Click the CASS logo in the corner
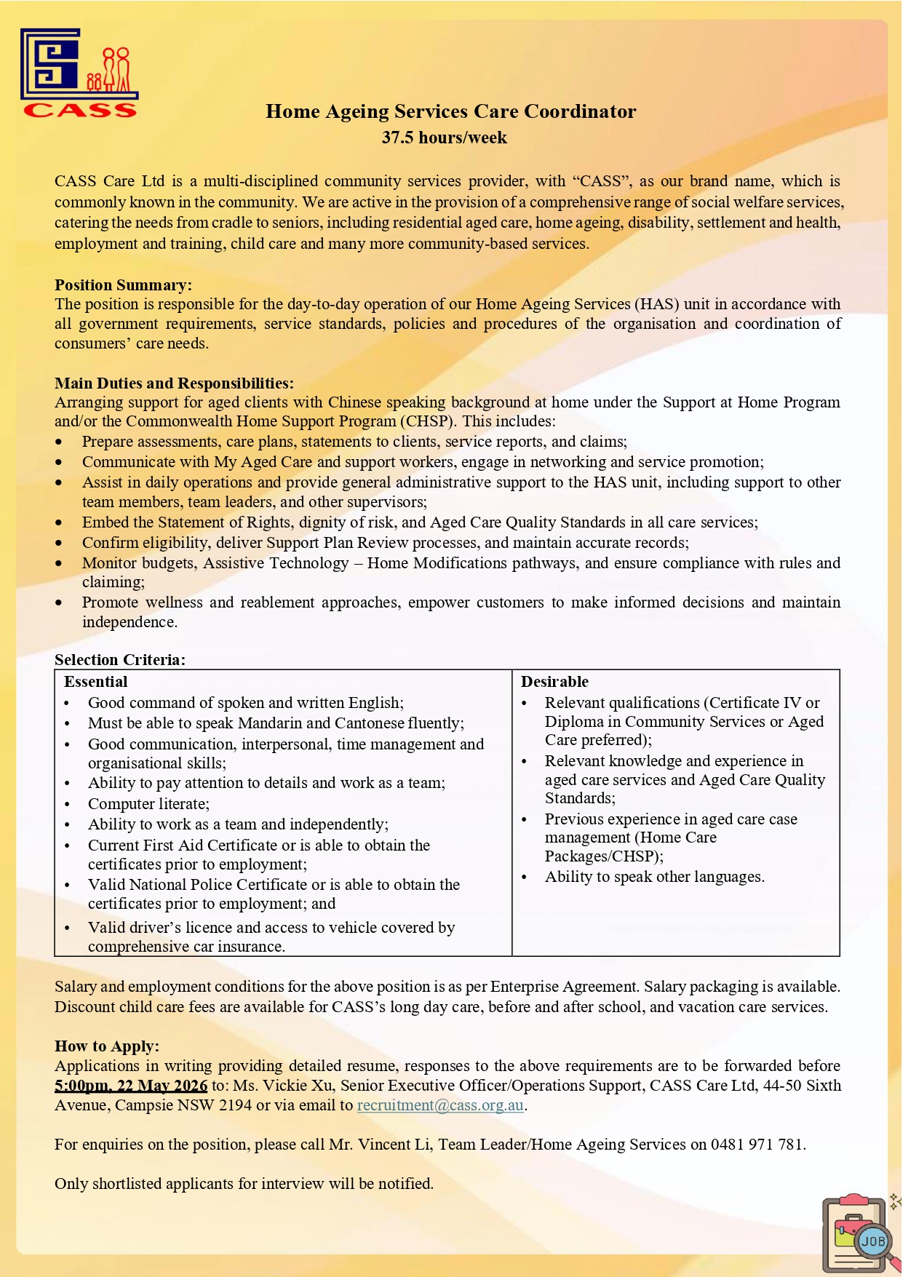tap(79, 73)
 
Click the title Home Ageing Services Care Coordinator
tap(450, 111)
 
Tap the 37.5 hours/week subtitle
tap(444, 138)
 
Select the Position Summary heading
tap(123, 285)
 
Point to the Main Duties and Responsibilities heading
tap(174, 383)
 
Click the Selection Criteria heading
tap(119, 659)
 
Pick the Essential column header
tap(95, 681)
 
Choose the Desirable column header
tap(554, 681)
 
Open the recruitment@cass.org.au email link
tap(439, 1105)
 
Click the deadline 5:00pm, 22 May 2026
tap(131, 1085)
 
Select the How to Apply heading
tap(106, 1046)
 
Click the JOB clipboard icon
tap(859, 1233)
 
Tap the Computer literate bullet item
tap(148, 803)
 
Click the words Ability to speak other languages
tap(654, 876)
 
